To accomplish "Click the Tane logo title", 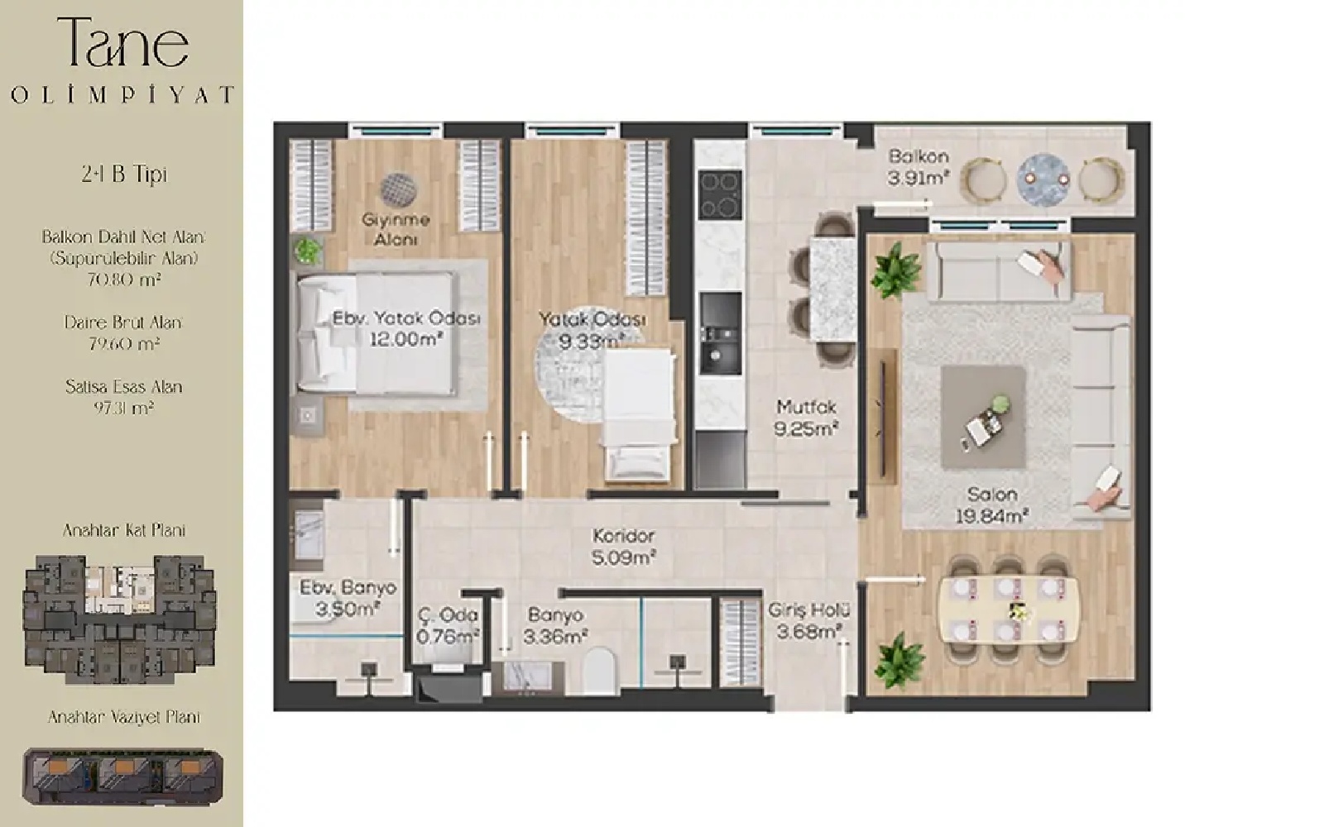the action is [x=123, y=42].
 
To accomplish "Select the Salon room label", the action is [x=992, y=495].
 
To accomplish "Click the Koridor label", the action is [x=624, y=537].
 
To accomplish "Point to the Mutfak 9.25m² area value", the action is [x=806, y=428].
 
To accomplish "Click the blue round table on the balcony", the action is [x=1043, y=179].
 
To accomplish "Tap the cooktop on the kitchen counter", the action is [x=720, y=194].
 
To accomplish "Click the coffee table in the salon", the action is [x=983, y=417].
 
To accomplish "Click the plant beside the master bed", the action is [x=307, y=251].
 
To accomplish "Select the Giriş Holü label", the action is [x=808, y=610].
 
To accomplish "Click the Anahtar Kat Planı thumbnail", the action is [x=119, y=619].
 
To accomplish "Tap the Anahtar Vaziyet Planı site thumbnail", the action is [x=123, y=777].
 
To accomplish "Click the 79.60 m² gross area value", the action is [x=124, y=343].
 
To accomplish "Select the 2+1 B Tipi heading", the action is [x=124, y=174].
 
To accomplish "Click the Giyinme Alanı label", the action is [x=396, y=229].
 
